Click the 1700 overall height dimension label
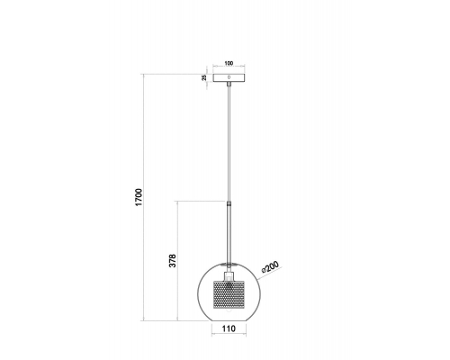tap(139, 197)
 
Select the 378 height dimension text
tap(173, 261)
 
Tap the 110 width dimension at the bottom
tap(229, 328)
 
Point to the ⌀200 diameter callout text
tap(270, 266)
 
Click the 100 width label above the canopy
tap(229, 63)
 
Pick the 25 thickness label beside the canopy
tap(204, 77)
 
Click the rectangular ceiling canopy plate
tap(229, 77)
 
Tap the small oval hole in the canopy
tap(229, 77)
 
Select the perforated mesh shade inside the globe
tap(229, 294)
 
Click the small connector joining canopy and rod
tap(229, 85)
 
